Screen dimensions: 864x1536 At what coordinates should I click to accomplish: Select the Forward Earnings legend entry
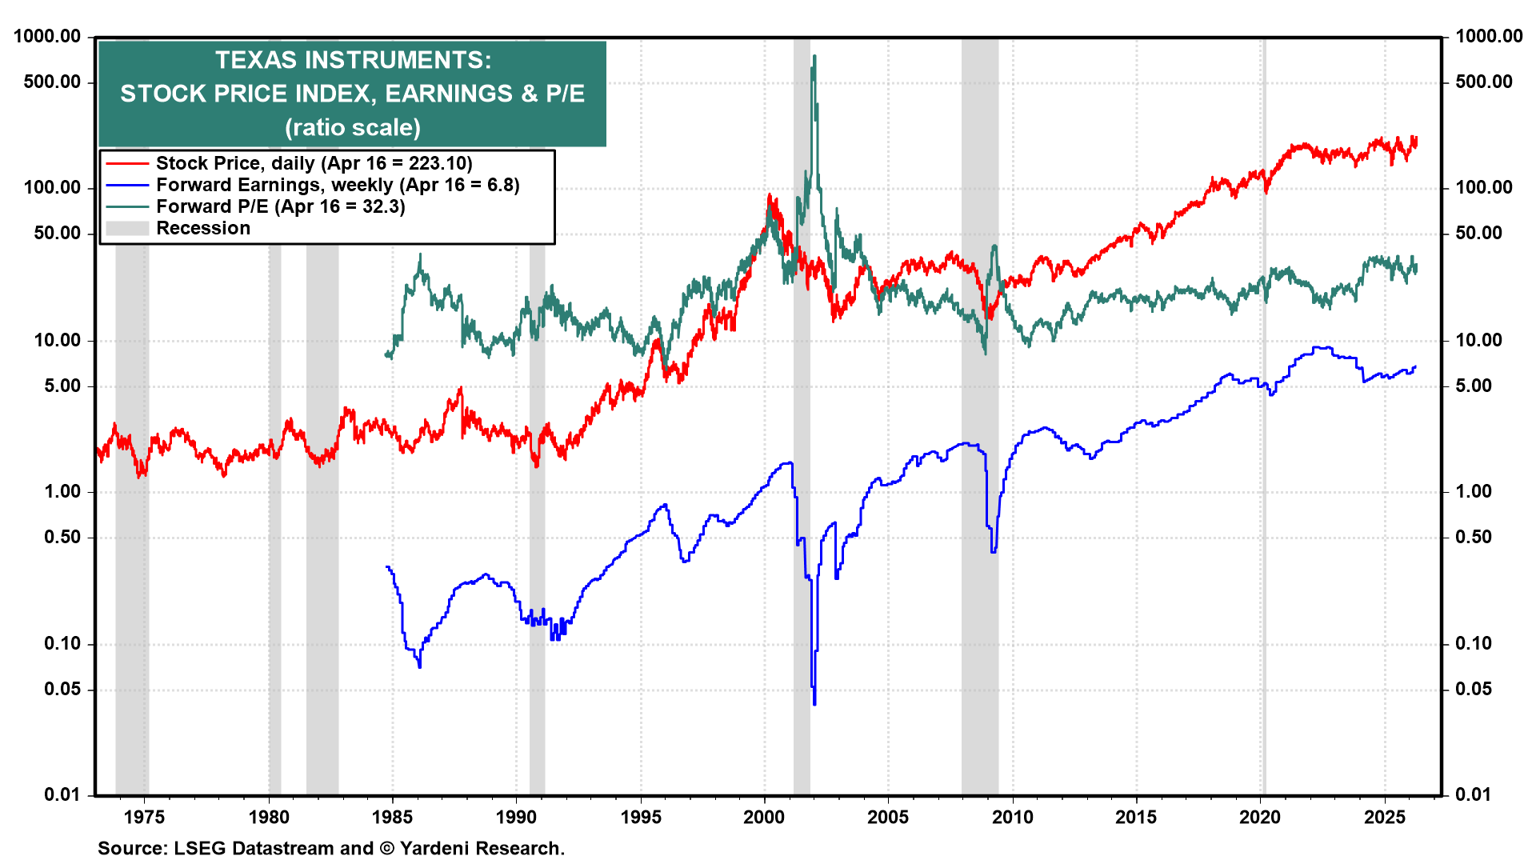point(337,185)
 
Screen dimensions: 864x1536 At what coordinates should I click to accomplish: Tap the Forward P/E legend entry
point(280,206)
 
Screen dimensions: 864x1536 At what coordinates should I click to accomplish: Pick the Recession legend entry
point(202,228)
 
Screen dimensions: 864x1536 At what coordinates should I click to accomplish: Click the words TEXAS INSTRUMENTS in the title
point(353,60)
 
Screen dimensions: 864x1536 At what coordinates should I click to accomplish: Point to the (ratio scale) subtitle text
point(353,127)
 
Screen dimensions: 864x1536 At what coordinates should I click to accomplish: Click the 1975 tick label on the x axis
point(145,817)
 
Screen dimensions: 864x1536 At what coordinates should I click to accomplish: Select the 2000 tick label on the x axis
point(764,817)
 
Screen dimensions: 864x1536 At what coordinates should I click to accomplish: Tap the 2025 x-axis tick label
point(1384,817)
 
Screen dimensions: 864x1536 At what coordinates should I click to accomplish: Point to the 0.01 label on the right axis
point(1473,794)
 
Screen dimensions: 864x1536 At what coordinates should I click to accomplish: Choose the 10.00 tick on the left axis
point(58,340)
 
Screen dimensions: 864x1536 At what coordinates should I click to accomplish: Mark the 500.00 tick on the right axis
point(1484,82)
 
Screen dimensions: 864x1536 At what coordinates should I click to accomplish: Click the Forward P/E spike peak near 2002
point(814,56)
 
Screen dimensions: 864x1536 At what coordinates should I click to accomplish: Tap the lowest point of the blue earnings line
point(814,704)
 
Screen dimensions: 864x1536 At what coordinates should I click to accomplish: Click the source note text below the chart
point(331,848)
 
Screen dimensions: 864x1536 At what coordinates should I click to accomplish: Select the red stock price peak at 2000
point(769,194)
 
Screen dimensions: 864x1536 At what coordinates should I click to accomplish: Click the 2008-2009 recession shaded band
point(979,480)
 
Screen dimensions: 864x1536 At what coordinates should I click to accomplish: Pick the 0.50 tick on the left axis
point(62,537)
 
